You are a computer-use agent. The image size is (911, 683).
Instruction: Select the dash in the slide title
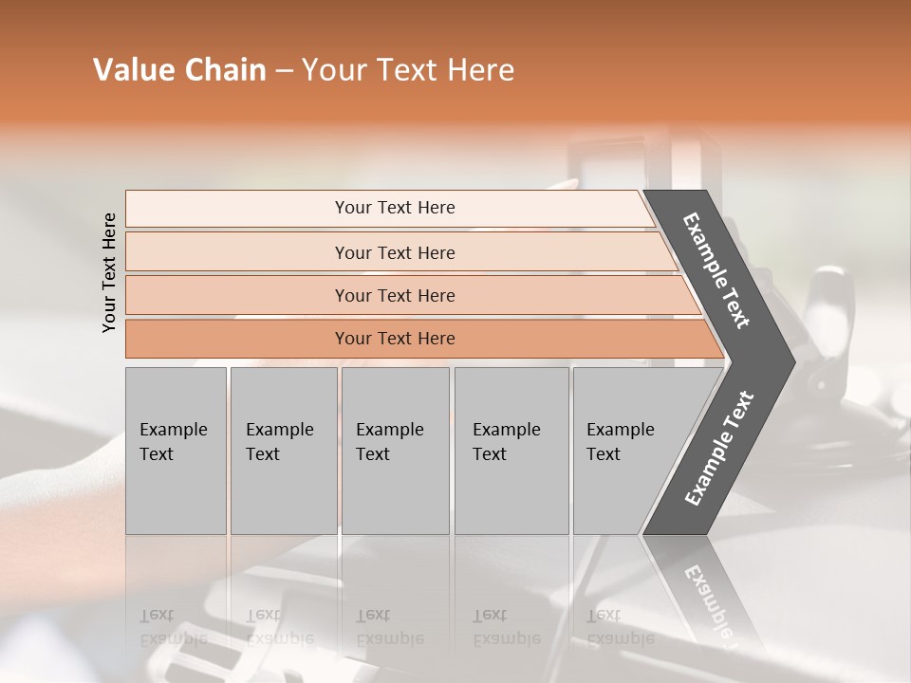point(284,70)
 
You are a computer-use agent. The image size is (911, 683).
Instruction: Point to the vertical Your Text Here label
point(109,272)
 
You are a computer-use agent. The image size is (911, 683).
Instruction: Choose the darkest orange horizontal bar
point(395,339)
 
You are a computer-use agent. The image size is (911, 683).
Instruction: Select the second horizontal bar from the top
point(395,252)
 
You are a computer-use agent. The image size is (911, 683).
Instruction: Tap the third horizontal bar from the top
point(395,295)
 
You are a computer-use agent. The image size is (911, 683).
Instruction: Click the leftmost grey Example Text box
point(176,451)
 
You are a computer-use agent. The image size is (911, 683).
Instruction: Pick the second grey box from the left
point(284,451)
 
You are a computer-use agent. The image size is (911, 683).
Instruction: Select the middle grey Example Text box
point(395,451)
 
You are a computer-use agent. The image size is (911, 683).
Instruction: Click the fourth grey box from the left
point(511,451)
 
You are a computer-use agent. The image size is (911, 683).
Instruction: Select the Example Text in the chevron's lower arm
point(718,449)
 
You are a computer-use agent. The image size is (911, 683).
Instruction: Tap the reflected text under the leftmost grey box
point(174,627)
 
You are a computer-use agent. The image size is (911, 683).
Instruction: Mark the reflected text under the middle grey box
point(389,627)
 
